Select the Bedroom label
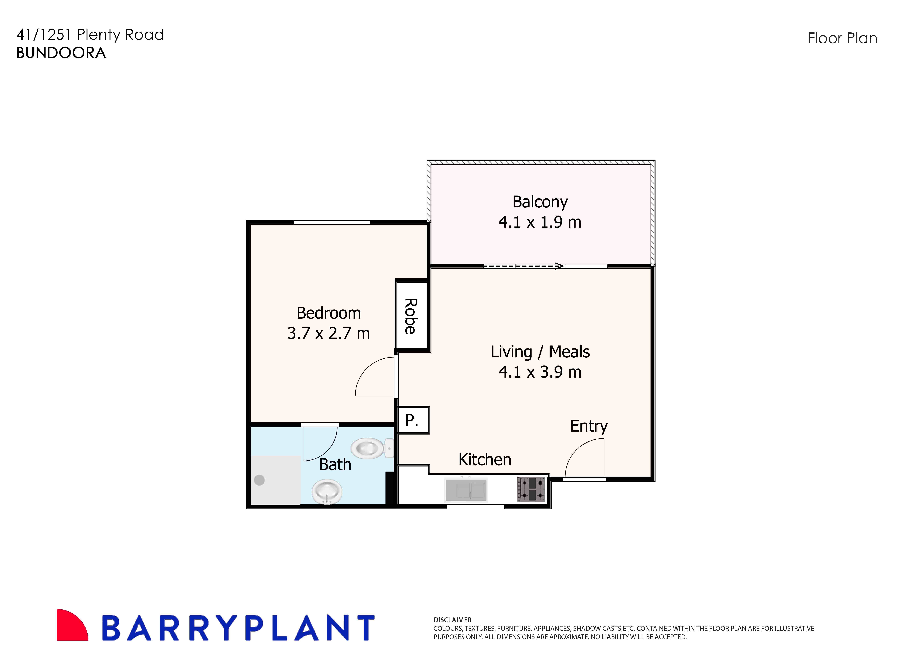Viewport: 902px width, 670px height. coord(328,313)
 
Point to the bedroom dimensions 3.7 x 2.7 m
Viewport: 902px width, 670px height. coord(328,333)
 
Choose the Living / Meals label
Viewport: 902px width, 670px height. coord(540,352)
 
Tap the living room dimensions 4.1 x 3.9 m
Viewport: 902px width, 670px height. coord(540,372)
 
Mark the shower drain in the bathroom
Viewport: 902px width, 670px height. coord(259,480)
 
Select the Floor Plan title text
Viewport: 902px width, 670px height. coord(842,38)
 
